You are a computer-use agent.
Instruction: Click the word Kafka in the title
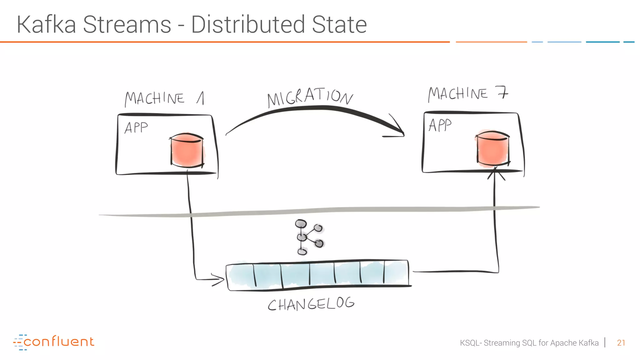46,25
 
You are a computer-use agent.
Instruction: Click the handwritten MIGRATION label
310,97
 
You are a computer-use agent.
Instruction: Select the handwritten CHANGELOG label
311,304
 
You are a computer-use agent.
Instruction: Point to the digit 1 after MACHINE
201,98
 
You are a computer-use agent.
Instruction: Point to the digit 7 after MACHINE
502,93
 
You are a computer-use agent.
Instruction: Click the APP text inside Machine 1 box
136,128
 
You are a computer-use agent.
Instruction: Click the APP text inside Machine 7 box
440,125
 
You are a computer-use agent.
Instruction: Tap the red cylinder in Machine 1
187,150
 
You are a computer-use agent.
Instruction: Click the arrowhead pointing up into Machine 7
495,173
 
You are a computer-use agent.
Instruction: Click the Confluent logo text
59,342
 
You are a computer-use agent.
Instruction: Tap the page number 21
621,343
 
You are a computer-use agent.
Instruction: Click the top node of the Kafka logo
301,224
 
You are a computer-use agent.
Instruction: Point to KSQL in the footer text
469,343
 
